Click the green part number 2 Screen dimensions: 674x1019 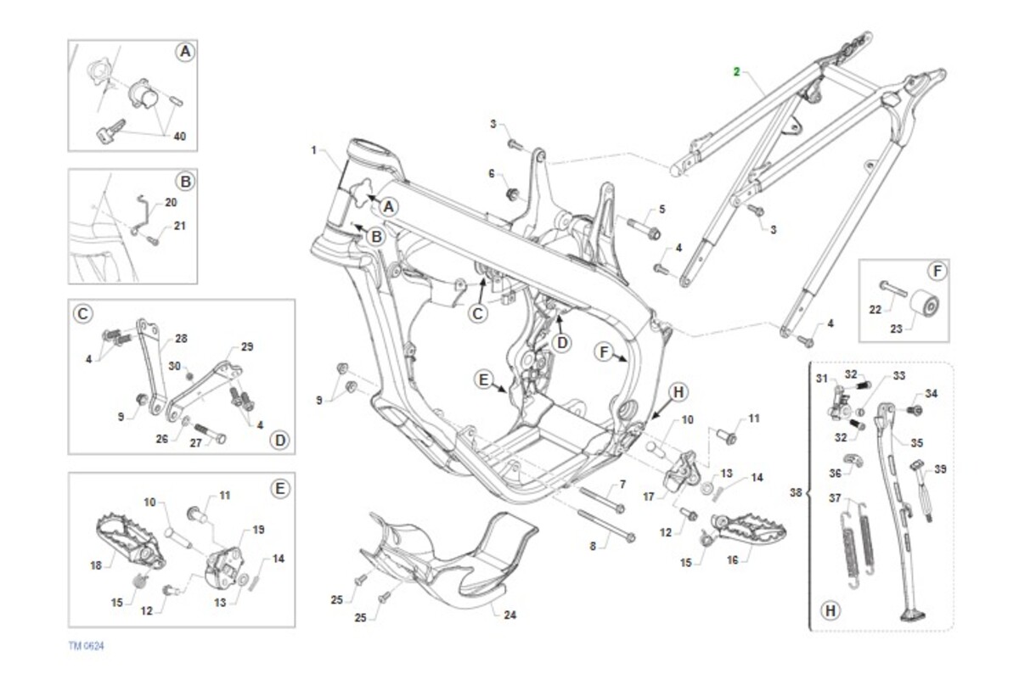pyautogui.click(x=737, y=71)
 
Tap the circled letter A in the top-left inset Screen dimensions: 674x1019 pyautogui.click(x=185, y=53)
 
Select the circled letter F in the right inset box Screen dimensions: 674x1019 pyautogui.click(x=936, y=272)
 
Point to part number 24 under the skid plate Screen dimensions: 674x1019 pyautogui.click(x=509, y=615)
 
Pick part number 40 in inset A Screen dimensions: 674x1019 pyautogui.click(x=179, y=136)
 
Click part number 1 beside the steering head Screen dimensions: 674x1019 pyautogui.click(x=313, y=150)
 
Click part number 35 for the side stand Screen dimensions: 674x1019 pyautogui.click(x=917, y=442)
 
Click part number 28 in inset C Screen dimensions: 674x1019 pyautogui.click(x=180, y=339)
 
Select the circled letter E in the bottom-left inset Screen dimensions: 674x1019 pyautogui.click(x=280, y=488)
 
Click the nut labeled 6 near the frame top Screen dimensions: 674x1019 pyautogui.click(x=512, y=194)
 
